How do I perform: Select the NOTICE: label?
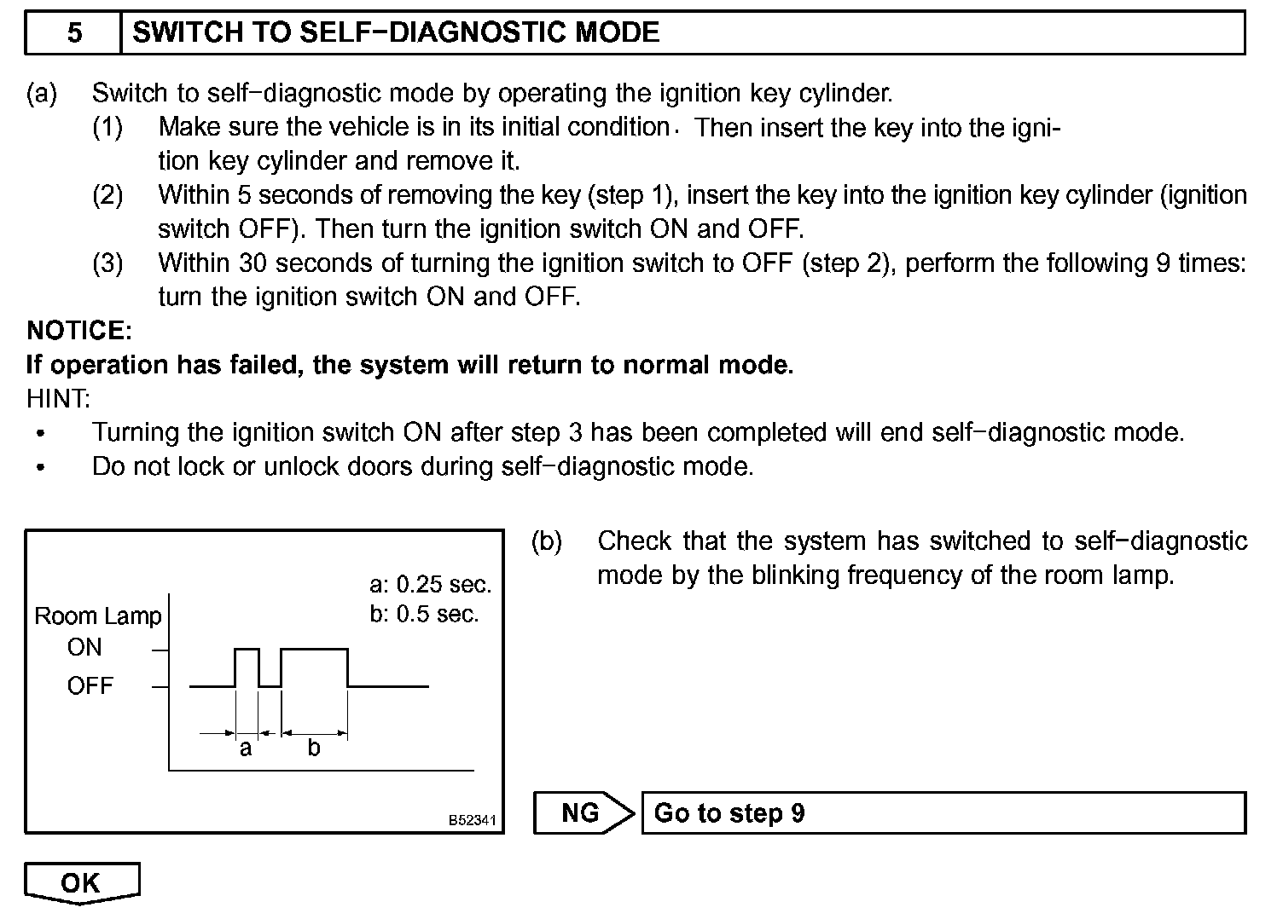(x=79, y=331)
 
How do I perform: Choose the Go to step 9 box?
(x=943, y=813)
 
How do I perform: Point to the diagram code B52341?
(x=472, y=821)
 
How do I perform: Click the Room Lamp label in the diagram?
(x=98, y=616)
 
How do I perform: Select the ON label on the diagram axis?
(x=84, y=648)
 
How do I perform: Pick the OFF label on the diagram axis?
(x=90, y=686)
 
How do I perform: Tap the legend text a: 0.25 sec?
(x=431, y=585)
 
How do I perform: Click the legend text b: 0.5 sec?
(x=424, y=615)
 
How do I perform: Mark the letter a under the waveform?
(x=246, y=749)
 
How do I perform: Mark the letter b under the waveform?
(x=314, y=748)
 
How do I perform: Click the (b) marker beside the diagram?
(x=547, y=541)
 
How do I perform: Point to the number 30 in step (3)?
(x=253, y=263)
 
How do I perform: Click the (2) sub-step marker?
(x=107, y=195)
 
